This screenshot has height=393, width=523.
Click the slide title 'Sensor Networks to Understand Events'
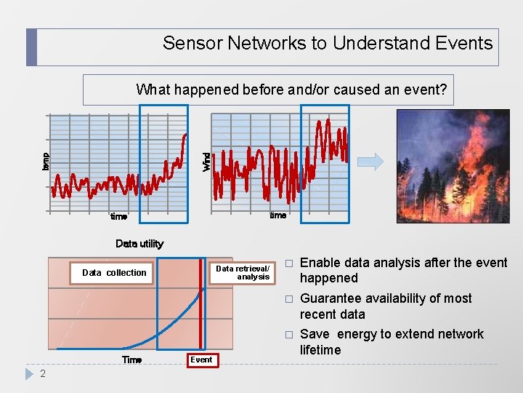coord(327,43)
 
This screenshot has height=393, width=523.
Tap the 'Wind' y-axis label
coord(206,161)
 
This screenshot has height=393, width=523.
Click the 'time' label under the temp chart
coord(118,216)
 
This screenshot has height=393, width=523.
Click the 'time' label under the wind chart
coord(277,215)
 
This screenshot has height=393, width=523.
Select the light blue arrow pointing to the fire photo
coord(370,162)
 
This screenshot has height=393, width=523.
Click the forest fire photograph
coord(453,165)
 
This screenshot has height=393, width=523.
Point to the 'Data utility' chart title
coord(139,244)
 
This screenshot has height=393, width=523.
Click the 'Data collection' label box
coord(114,273)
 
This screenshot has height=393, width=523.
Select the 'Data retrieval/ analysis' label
coord(243,273)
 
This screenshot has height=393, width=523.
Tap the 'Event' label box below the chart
coord(201,360)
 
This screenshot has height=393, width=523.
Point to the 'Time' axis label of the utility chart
coord(131,360)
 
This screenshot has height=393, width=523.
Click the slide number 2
coord(43,374)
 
